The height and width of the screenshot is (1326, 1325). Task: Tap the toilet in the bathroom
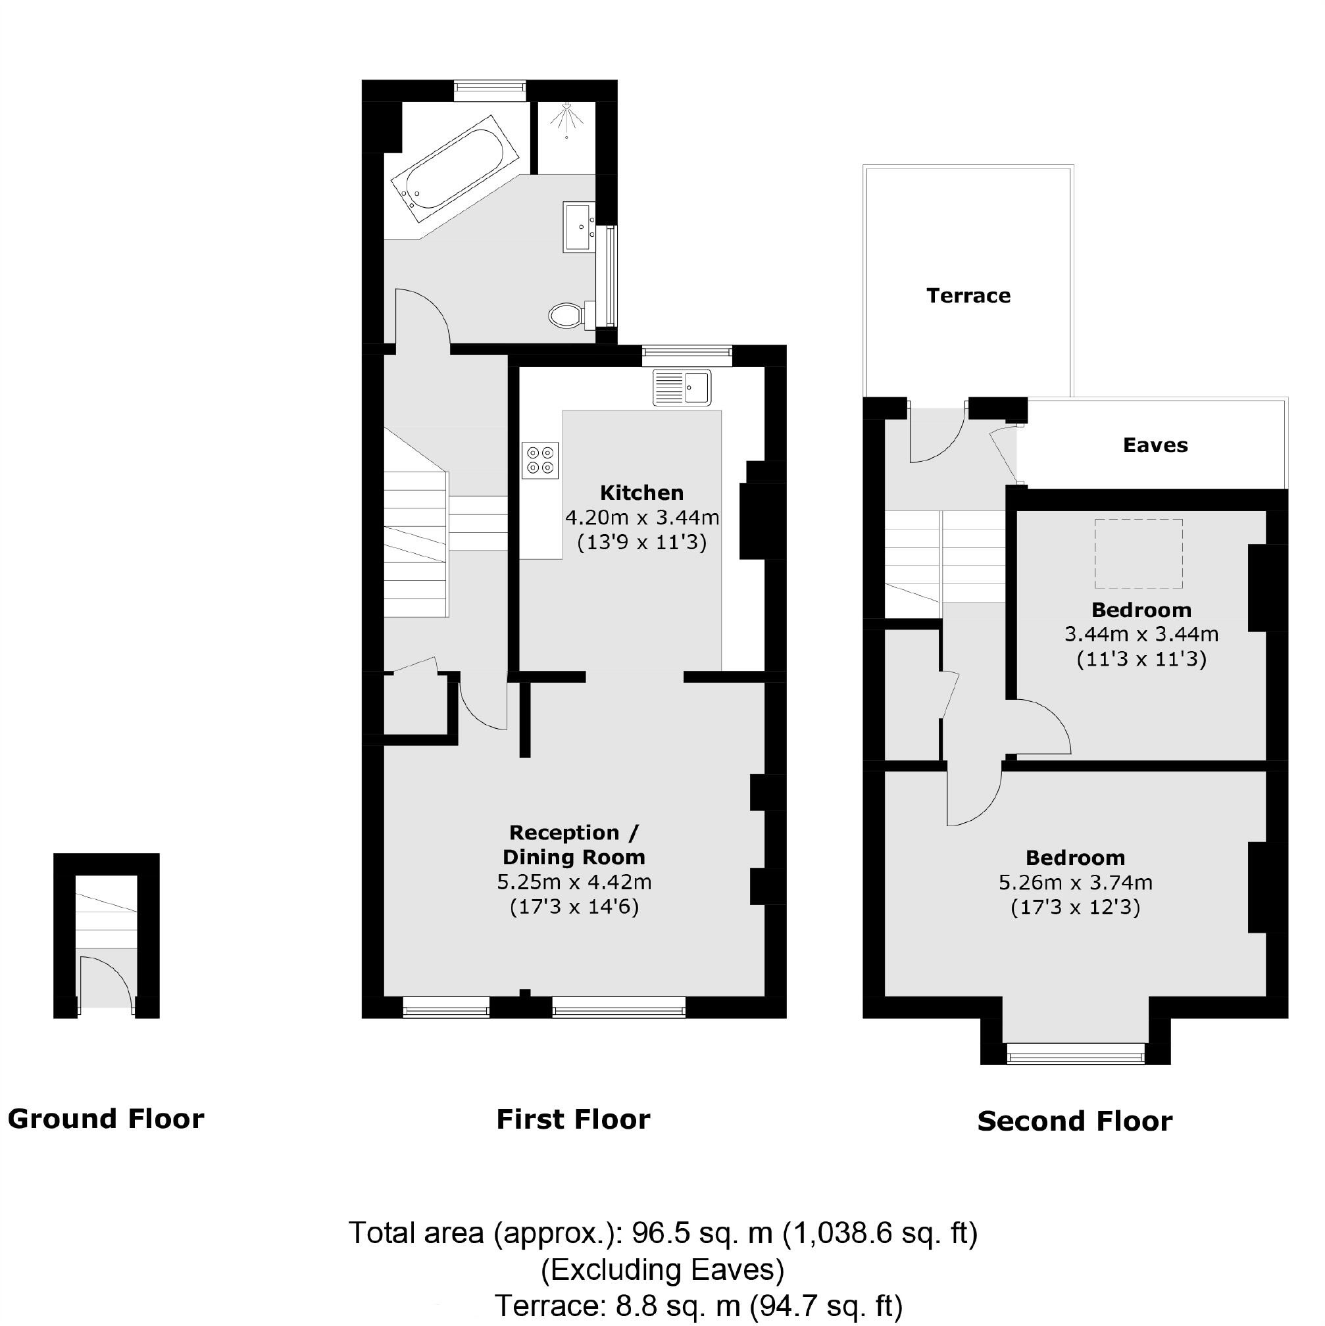point(567,316)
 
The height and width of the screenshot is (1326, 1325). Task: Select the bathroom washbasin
point(580,226)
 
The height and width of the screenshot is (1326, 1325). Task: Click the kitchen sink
point(682,387)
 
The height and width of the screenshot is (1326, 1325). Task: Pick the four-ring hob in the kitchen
point(539,460)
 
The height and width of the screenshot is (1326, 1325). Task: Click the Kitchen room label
point(641,493)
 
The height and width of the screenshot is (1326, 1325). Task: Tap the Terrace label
point(968,296)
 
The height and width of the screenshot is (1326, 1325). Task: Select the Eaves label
point(1155,445)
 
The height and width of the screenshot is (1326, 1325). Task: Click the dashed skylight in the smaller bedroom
point(1138,554)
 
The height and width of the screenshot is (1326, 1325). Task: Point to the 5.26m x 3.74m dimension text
point(1075,883)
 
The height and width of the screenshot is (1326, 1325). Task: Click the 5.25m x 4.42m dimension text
point(574,882)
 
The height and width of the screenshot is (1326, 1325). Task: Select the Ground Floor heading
point(106,1119)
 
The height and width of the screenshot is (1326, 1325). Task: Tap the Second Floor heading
point(1074,1121)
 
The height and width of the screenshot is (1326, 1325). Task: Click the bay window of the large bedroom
point(1075,1054)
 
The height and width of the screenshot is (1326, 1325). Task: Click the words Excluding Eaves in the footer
point(662,1270)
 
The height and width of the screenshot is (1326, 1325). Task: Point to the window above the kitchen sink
point(687,353)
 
